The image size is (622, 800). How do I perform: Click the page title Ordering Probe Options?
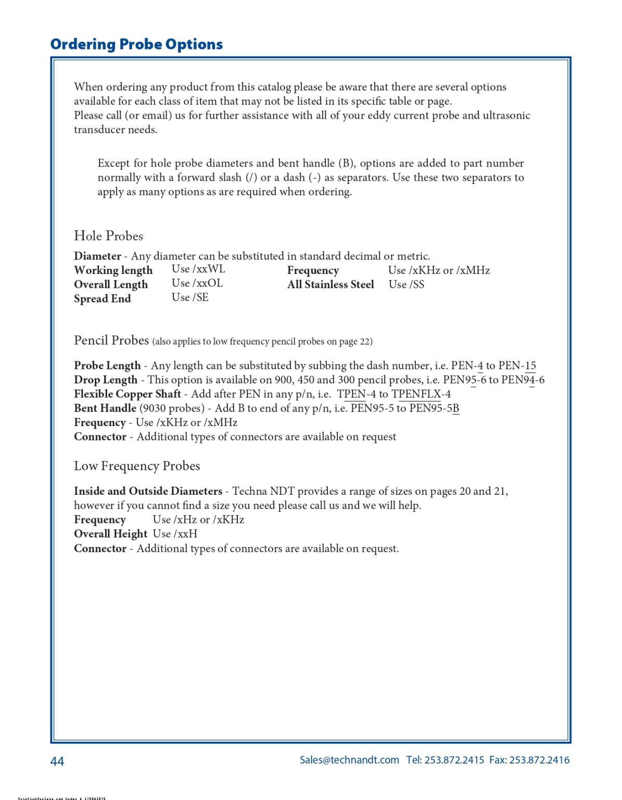136,44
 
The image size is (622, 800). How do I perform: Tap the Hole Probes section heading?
108,236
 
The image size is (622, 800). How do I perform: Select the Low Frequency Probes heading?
137,466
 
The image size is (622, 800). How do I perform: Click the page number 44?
57,761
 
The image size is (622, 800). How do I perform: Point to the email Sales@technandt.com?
349,760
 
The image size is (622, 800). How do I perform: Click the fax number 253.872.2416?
539,760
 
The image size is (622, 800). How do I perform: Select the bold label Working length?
113,270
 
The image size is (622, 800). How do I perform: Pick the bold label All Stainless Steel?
331,284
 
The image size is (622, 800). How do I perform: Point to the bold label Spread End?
102,299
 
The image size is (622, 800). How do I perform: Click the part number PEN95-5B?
434,408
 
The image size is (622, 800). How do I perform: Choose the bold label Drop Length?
106,380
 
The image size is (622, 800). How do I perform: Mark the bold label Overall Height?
110,534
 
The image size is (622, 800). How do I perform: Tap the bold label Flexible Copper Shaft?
128,394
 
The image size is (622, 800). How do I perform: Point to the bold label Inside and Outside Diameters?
148,491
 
